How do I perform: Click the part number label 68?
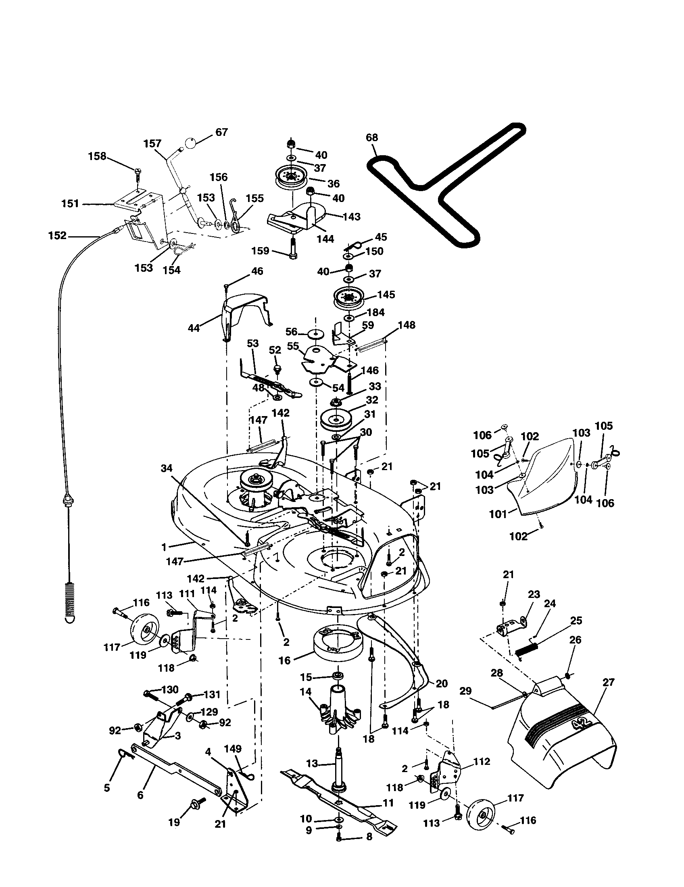(371, 137)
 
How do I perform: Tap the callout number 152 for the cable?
(57, 235)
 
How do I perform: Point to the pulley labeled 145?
(347, 299)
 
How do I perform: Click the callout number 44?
(194, 328)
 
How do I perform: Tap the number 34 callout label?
(167, 468)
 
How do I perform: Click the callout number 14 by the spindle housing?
(305, 691)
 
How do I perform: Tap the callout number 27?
(608, 682)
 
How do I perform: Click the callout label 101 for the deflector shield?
(498, 514)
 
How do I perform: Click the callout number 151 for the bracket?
(70, 204)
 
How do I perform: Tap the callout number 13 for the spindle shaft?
(312, 764)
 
